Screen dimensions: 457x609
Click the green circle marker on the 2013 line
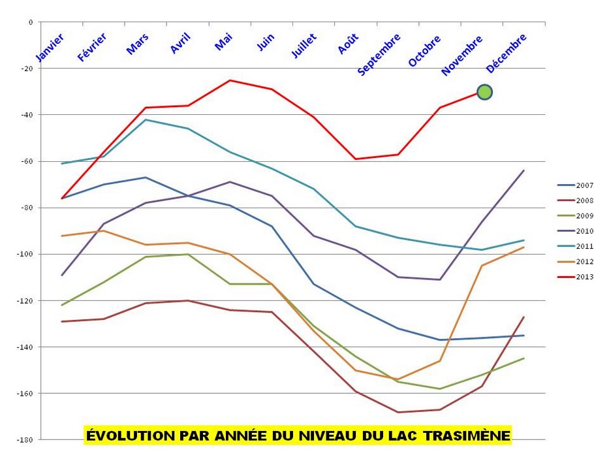484,92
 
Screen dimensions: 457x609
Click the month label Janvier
51,48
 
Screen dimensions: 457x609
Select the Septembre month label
379,54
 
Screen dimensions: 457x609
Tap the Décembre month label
507,53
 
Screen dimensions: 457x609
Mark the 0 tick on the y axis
30,22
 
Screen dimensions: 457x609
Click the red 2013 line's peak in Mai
230,80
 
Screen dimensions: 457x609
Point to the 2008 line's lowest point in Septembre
398,412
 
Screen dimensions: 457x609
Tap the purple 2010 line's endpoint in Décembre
524,170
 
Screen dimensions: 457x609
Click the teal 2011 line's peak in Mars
146,119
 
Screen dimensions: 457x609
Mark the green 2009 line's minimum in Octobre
440,388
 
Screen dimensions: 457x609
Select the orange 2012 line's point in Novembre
482,266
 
